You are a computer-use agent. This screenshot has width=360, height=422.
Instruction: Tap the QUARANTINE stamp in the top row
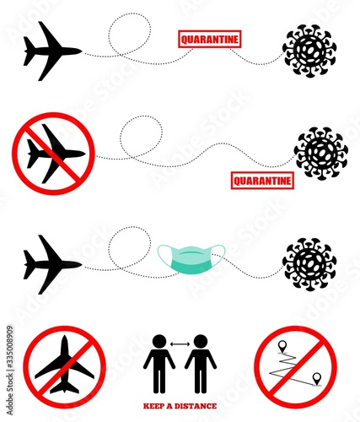tap(210, 39)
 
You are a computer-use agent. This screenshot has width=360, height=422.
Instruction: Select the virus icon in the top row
tap(309, 51)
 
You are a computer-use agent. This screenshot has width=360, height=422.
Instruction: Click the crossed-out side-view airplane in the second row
tap(53, 154)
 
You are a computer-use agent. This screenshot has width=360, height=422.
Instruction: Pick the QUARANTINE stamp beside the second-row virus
tap(262, 181)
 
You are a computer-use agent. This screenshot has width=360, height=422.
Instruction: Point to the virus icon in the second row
tap(321, 154)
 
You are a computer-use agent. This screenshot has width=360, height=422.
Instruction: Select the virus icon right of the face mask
tap(309, 264)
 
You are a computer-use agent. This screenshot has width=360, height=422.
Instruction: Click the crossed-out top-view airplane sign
tap(64, 367)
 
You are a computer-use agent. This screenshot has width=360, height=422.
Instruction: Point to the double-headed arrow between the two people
tap(180, 344)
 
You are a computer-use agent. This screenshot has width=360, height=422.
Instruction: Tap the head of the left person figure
tap(159, 342)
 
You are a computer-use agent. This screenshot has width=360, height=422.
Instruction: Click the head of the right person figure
tap(201, 342)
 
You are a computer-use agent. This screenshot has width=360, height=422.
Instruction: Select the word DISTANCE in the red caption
tap(196, 406)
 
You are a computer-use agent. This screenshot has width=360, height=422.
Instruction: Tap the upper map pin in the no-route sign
tap(282, 346)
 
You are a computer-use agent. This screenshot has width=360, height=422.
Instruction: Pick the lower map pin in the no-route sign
tap(317, 378)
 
